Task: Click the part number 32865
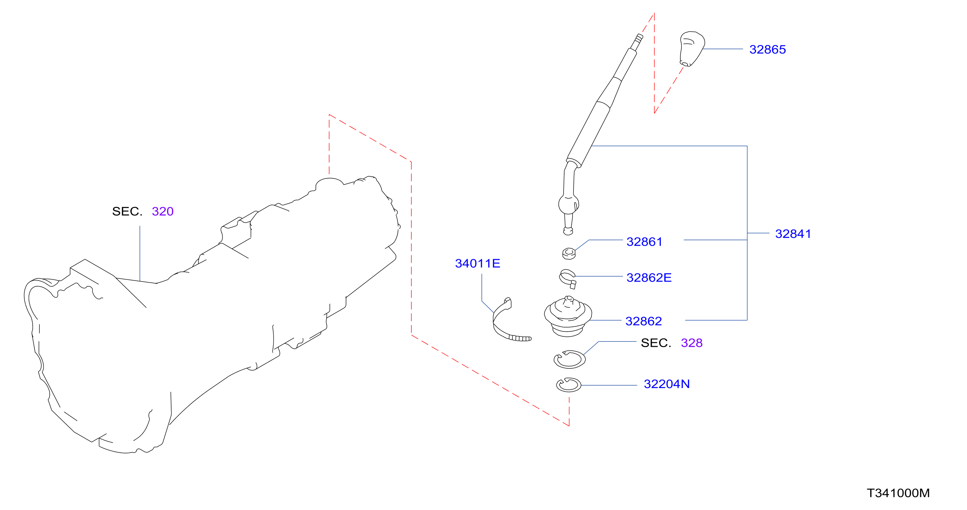coord(767,49)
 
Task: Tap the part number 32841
coord(793,234)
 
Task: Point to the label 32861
coord(644,242)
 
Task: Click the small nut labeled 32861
coord(569,254)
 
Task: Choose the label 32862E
coord(649,278)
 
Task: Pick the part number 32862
coord(643,321)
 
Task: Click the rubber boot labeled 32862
coord(568,316)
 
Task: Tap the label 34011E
coord(478,263)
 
